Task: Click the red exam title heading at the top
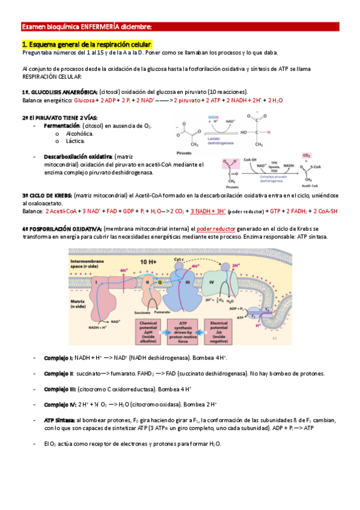[x=87, y=27]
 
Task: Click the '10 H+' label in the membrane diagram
[x=149, y=262]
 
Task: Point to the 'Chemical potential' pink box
[x=150, y=331]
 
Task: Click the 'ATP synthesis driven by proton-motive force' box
[x=187, y=331]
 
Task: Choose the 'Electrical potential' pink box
[x=224, y=331]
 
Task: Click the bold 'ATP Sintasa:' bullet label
[x=59, y=419]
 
